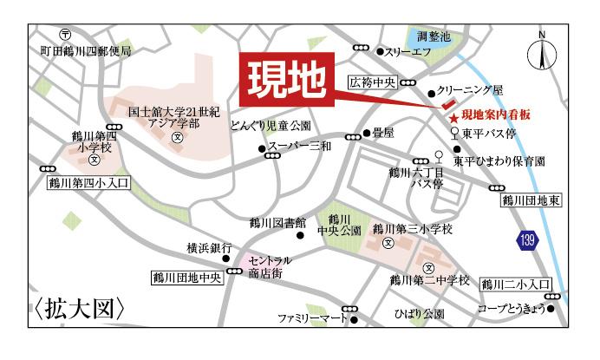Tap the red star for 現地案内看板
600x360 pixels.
pyautogui.click(x=452, y=116)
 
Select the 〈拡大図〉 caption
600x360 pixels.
pyautogui.click(x=81, y=309)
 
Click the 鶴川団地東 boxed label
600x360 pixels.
pyautogui.click(x=532, y=201)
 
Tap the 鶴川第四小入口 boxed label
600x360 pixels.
pyautogui.click(x=87, y=183)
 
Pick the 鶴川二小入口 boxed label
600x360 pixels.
pyautogui.click(x=516, y=284)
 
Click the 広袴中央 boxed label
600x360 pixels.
pyautogui.click(x=373, y=83)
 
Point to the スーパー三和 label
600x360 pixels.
pyautogui.click(x=299, y=147)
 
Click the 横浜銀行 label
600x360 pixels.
pyautogui.click(x=209, y=248)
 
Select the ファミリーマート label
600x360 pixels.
pyautogui.click(x=311, y=318)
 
